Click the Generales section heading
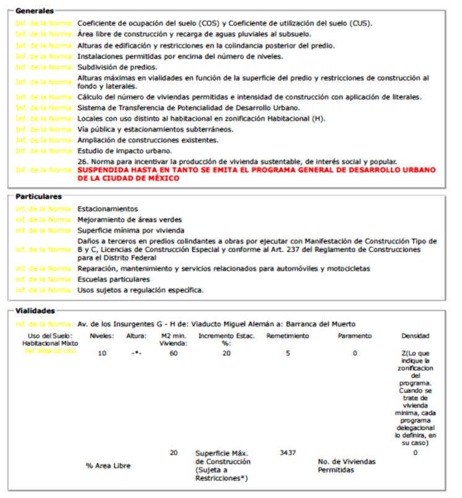tap(34, 11)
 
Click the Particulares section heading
tap(38, 196)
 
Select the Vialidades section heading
tap(36, 311)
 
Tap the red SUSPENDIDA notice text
tap(256, 174)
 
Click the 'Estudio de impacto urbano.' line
tap(124, 151)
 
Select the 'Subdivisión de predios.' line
tap(118, 67)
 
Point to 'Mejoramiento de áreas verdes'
tap(129, 220)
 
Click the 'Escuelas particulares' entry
tap(113, 279)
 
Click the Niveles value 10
tap(102, 353)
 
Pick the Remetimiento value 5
tap(288, 353)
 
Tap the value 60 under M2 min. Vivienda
tap(174, 353)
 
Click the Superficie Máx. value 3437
tap(288, 453)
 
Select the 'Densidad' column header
tap(415, 336)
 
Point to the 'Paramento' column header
tap(355, 336)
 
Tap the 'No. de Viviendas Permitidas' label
tap(346, 466)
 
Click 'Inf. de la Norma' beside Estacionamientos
tap(43, 209)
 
